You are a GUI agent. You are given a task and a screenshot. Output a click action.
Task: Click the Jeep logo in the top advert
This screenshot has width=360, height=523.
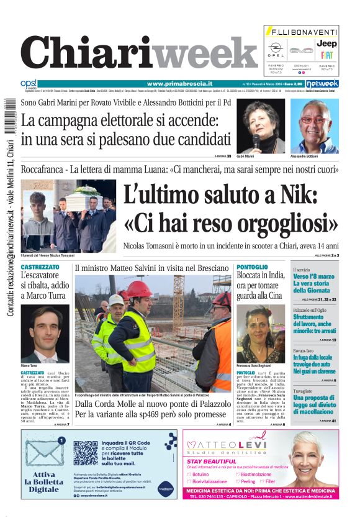pos(326,43)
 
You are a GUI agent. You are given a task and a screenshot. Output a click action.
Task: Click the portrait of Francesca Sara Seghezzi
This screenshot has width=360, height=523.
pos(260,334)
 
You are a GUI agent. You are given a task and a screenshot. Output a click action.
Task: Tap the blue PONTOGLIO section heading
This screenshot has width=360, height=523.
pos(252,266)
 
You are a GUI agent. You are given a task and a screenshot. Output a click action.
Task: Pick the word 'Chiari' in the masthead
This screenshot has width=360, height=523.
pos(87,53)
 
